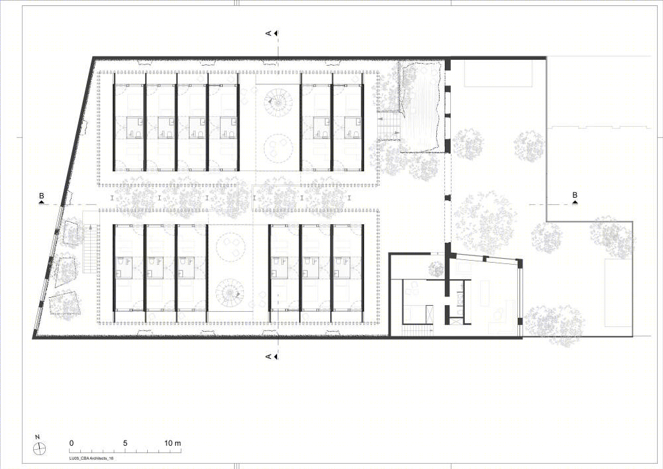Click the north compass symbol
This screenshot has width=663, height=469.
[39, 448]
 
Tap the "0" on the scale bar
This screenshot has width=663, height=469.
[72, 443]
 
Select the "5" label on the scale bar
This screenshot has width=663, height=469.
[125, 443]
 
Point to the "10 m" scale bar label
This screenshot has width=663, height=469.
[172, 443]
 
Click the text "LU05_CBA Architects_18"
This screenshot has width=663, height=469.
[91, 458]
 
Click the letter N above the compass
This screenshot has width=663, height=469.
[38, 437]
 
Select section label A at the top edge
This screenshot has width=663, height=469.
[268, 33]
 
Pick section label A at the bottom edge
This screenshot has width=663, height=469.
[268, 356]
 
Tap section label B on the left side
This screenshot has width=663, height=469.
[41, 196]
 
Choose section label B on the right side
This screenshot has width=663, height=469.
[575, 195]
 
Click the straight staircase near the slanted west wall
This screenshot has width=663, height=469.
[90, 249]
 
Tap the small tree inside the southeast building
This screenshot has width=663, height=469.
[435, 269]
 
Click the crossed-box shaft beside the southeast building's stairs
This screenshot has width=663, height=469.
[429, 315]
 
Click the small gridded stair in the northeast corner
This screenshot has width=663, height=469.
[389, 125]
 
